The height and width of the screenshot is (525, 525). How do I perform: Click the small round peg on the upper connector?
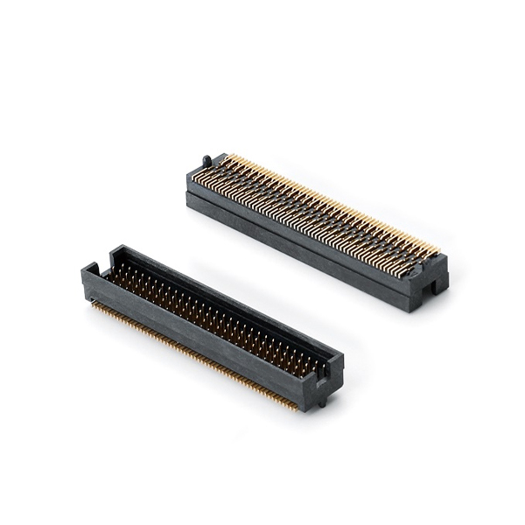207,160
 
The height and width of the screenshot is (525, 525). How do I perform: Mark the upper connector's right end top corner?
446,255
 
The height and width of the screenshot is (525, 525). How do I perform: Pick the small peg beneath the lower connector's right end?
322,402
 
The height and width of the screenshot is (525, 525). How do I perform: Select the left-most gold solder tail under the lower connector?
94,303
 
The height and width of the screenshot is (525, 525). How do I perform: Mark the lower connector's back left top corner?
113,248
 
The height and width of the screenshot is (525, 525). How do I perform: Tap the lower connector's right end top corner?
342,357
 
